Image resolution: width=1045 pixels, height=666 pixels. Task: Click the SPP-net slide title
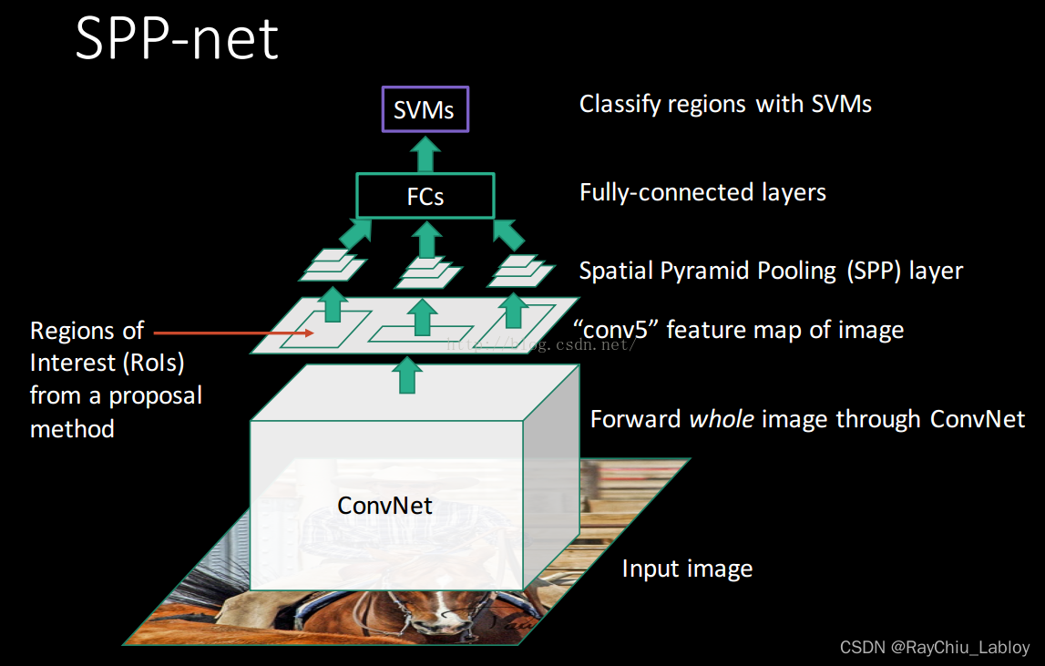pos(177,40)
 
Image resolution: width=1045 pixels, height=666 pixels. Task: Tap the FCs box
pos(425,197)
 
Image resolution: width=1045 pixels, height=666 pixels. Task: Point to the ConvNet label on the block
pos(384,505)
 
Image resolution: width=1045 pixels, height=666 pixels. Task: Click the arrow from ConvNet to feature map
pos(409,374)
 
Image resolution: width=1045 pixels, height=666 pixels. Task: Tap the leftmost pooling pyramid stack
pos(333,265)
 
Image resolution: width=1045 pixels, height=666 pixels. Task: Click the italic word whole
pos(721,419)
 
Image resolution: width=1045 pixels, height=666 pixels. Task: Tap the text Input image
pos(687,569)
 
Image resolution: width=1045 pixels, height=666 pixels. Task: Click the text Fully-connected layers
pos(702,192)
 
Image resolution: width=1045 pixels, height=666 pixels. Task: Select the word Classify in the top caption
pos(620,105)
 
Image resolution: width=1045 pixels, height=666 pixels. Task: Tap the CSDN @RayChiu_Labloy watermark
pos(934,648)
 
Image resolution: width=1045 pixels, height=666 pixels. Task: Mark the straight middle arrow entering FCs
pos(425,239)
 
